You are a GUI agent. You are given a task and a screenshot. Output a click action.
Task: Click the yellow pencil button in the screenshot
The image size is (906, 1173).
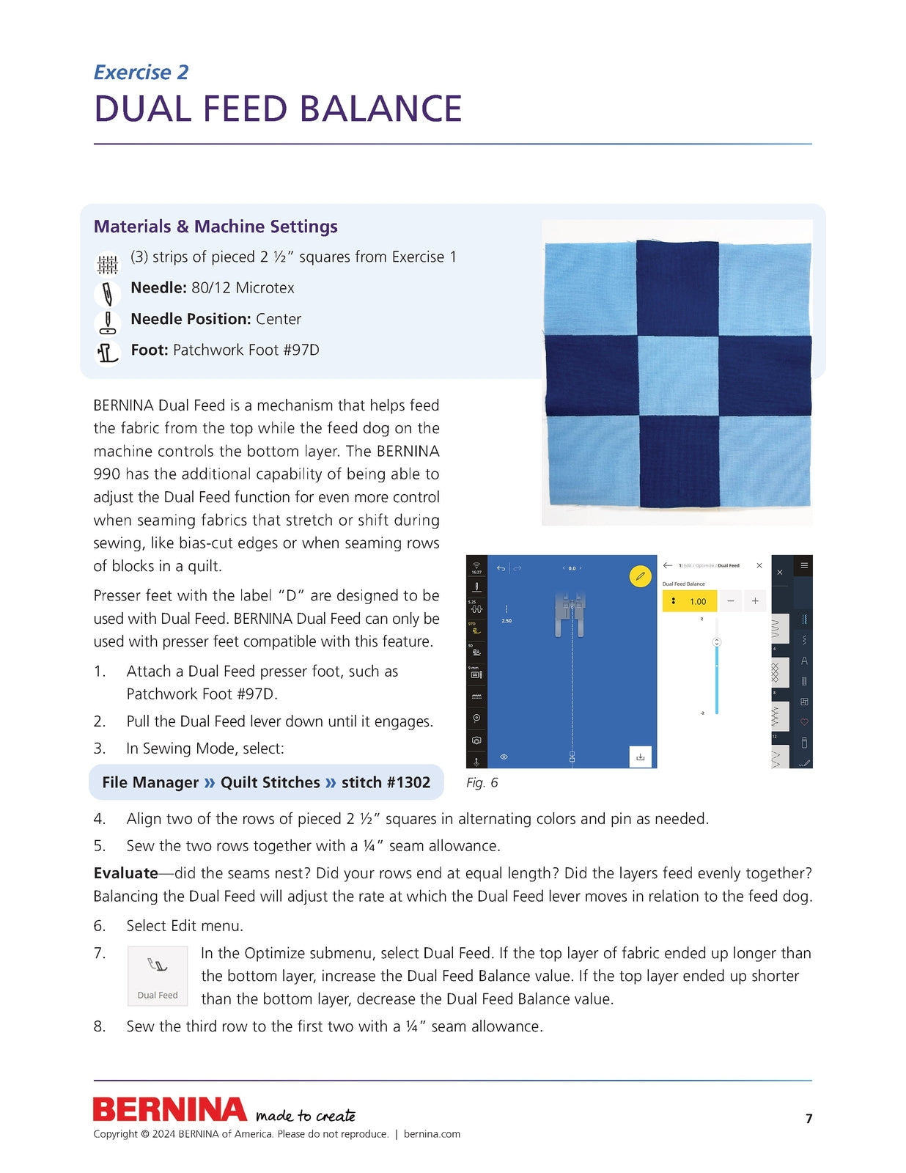pos(640,576)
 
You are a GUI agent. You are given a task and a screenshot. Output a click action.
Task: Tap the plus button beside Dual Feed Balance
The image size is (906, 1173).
pos(755,601)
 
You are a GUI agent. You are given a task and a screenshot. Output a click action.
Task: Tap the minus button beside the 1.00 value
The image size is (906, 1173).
pos(730,601)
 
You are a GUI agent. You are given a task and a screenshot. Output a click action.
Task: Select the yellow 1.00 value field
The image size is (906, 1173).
pos(690,601)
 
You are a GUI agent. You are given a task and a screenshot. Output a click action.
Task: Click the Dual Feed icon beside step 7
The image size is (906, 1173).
pos(158,975)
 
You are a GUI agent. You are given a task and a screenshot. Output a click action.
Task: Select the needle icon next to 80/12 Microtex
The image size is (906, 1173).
pos(108,293)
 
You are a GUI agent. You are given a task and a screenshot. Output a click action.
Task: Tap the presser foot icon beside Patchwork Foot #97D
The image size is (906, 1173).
pos(108,353)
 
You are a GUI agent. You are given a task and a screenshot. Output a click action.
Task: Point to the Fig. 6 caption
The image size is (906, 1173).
pos(482,783)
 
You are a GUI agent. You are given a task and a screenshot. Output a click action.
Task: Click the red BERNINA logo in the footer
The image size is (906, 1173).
pos(169,1109)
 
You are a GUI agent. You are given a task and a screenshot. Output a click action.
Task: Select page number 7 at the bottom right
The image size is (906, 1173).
pos(809,1119)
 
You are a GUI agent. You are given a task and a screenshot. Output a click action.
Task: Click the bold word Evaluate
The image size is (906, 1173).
pos(125,873)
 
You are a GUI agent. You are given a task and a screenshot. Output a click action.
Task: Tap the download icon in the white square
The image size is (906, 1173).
pos(640,757)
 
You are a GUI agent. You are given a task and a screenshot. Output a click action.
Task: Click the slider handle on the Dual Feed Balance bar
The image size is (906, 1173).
pos(717,642)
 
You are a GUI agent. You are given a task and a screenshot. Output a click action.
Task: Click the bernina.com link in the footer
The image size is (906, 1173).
pos(432,1134)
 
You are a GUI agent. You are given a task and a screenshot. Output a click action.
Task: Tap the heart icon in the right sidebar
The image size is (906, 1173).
pos(804,722)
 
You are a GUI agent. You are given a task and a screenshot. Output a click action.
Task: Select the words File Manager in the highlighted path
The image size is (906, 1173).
pos(150,782)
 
